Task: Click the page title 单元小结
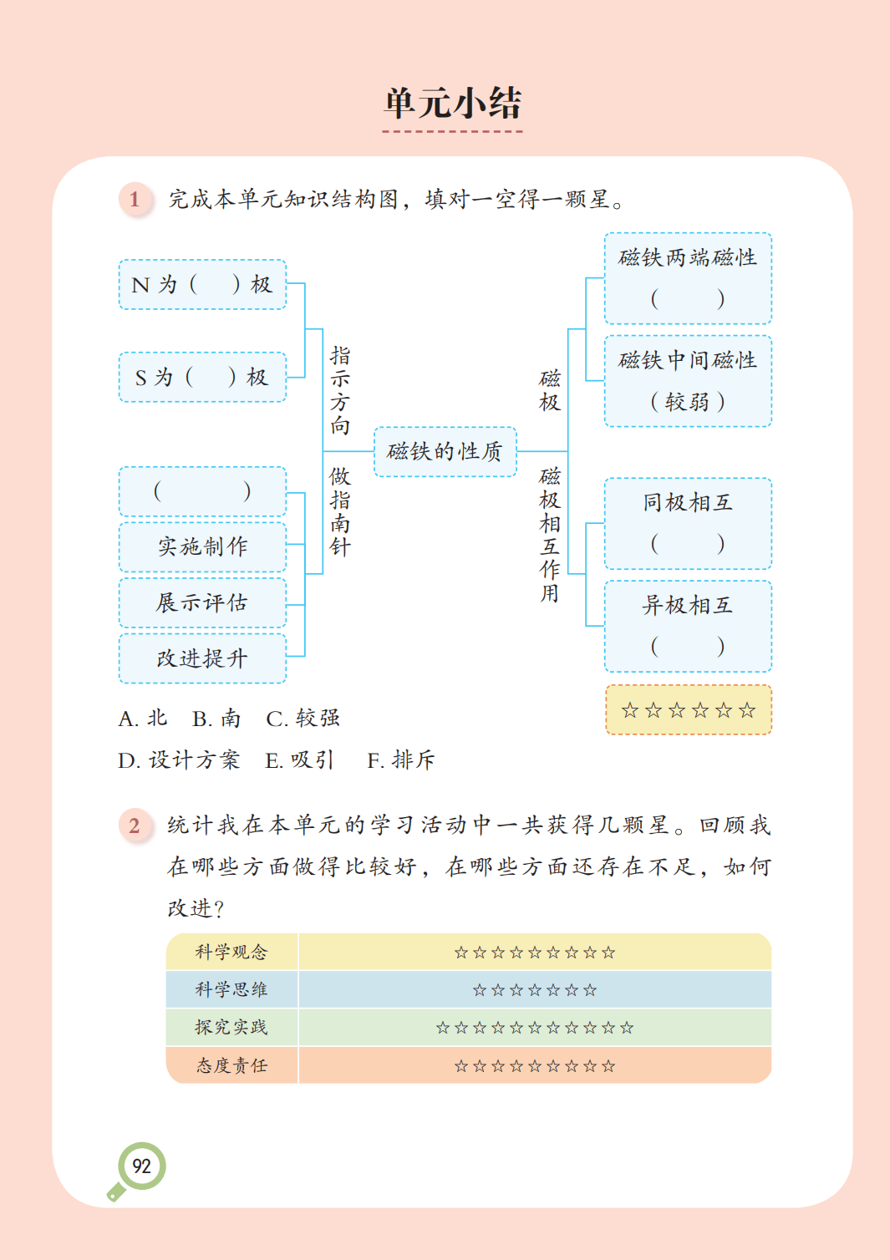(x=452, y=103)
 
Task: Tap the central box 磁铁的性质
(x=445, y=452)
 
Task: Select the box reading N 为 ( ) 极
(x=202, y=285)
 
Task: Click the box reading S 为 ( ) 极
(x=202, y=377)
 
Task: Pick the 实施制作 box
(x=202, y=546)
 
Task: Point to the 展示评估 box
(x=202, y=602)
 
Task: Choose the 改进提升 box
(x=202, y=658)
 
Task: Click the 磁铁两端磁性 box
(x=687, y=277)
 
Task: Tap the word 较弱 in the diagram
(x=687, y=402)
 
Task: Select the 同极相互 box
(x=687, y=523)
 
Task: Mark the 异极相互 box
(x=687, y=626)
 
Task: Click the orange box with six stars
(x=688, y=710)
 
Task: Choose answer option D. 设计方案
(x=179, y=760)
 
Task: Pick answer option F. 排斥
(x=401, y=760)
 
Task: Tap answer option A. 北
(x=143, y=719)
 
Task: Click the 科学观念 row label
(x=231, y=952)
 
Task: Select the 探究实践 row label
(x=231, y=1027)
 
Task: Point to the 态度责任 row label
(x=231, y=1065)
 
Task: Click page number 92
(x=142, y=1166)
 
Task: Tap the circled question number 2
(x=135, y=826)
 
